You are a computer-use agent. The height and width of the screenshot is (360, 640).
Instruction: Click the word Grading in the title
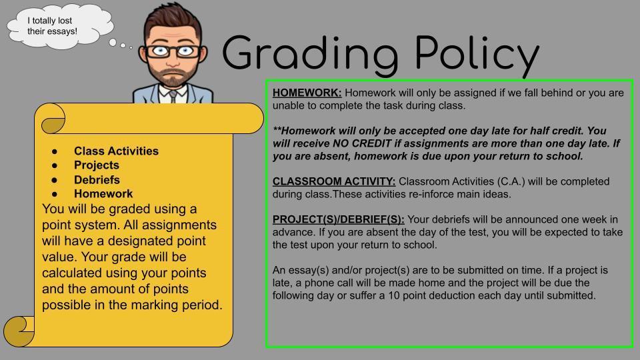pyautogui.click(x=310, y=54)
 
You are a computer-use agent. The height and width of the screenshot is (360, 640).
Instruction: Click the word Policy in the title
pyautogui.click(x=477, y=54)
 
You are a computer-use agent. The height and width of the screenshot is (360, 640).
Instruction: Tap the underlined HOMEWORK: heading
pyautogui.click(x=307, y=93)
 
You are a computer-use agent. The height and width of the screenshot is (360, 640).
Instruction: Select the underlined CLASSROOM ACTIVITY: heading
pyautogui.click(x=334, y=181)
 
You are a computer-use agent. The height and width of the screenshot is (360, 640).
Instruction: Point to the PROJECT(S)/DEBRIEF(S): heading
pyautogui.click(x=339, y=219)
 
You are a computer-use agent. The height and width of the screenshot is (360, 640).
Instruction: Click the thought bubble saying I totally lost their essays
pyautogui.click(x=59, y=27)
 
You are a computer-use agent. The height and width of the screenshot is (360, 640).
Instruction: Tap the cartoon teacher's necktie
pyautogui.click(x=173, y=96)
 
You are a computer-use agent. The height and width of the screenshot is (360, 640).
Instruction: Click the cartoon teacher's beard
pyautogui.click(x=173, y=75)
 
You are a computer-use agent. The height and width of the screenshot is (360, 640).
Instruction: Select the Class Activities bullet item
pyautogui.click(x=116, y=151)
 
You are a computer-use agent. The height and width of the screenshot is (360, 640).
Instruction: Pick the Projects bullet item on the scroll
pyautogui.click(x=96, y=165)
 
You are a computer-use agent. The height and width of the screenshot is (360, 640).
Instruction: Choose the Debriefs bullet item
pyautogui.click(x=97, y=179)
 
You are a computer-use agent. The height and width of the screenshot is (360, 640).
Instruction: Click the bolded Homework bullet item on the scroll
pyautogui.click(x=103, y=194)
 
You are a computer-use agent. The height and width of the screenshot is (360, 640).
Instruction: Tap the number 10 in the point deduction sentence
pyautogui.click(x=393, y=295)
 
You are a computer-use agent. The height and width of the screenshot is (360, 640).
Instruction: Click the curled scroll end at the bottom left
pyautogui.click(x=19, y=331)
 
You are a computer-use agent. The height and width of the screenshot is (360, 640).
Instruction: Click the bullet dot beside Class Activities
pyautogui.click(x=55, y=151)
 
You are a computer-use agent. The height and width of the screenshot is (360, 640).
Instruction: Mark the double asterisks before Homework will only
pyautogui.click(x=277, y=130)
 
